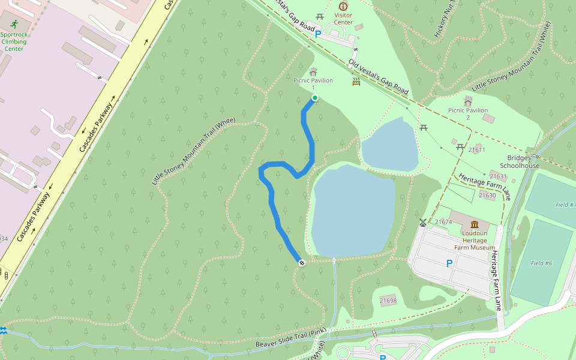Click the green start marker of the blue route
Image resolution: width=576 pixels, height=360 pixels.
point(314,98)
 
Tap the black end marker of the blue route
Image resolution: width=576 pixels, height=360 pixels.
point(301,262)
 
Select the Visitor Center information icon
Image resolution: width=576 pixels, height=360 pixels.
point(343,6)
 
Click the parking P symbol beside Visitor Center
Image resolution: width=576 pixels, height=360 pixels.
point(318,35)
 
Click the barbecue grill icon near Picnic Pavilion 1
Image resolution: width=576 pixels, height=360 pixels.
point(356,82)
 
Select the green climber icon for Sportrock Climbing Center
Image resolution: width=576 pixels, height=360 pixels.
point(14,24)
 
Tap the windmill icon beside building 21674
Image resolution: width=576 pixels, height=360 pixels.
point(423,223)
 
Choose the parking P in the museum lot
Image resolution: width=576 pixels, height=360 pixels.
point(449,263)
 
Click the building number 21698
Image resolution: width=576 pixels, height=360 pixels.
point(388,301)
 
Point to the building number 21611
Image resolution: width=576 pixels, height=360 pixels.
point(477,150)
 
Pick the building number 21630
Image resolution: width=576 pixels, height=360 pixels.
point(487,196)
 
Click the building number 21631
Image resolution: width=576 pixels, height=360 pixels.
point(498,177)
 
